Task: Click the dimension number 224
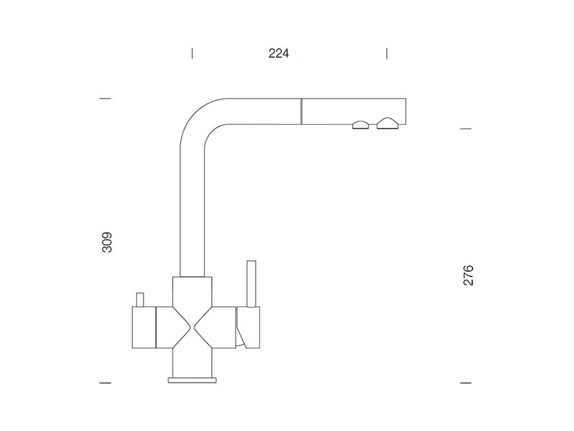pos(278,53)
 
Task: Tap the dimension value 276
pos(468,276)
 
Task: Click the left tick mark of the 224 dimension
pos(192,53)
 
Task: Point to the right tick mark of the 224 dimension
pos(387,53)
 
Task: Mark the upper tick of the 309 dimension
pos(105,99)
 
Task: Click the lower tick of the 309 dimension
pos(105,382)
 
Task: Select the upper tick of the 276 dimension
pos(466,129)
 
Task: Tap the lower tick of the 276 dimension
pos(466,382)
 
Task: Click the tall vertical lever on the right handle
pos(250,284)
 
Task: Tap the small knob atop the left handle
pos(139,299)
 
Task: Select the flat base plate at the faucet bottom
pos(192,380)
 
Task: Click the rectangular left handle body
pos(143,328)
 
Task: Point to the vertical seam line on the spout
pos(301,110)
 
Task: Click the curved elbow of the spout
pos(198,118)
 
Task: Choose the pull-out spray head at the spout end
pos(353,110)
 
